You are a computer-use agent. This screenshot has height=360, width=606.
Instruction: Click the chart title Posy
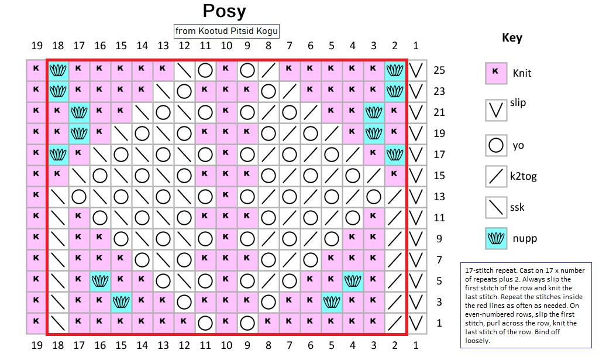pos(224,11)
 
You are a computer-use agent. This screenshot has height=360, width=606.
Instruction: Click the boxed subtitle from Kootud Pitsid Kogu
pos(226,30)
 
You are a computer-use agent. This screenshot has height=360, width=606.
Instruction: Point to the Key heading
pos(512,38)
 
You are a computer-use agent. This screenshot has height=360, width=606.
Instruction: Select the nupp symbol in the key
pos(496,239)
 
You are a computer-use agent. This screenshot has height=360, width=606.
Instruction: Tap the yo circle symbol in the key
pos(496,145)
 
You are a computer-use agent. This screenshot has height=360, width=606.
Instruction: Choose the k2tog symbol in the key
pos(496,176)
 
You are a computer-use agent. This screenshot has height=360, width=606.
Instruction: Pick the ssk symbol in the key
pos(496,207)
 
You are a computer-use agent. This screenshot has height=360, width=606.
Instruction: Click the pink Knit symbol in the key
pos(496,73)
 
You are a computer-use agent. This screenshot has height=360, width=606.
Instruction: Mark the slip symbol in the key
pos(496,110)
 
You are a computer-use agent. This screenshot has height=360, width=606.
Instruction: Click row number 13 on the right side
pos(439,197)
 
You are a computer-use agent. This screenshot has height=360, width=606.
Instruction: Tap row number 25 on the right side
pos(439,70)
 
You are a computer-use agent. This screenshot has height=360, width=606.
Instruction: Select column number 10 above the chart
pos(226,46)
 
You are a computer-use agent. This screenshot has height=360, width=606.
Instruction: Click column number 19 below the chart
pos(37,345)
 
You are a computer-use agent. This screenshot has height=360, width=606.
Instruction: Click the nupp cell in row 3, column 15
pos(121,302)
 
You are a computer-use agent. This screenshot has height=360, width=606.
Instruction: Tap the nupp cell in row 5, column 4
pos(353,281)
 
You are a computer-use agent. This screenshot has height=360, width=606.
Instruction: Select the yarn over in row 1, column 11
pos(205,323)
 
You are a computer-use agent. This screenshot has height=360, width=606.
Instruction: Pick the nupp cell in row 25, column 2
pos(395,70)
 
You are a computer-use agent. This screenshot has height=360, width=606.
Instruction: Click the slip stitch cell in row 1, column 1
pos(416,323)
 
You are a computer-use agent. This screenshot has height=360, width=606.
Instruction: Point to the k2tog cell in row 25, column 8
pos(268,70)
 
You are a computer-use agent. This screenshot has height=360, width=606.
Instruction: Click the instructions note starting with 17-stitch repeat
pos(526,304)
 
